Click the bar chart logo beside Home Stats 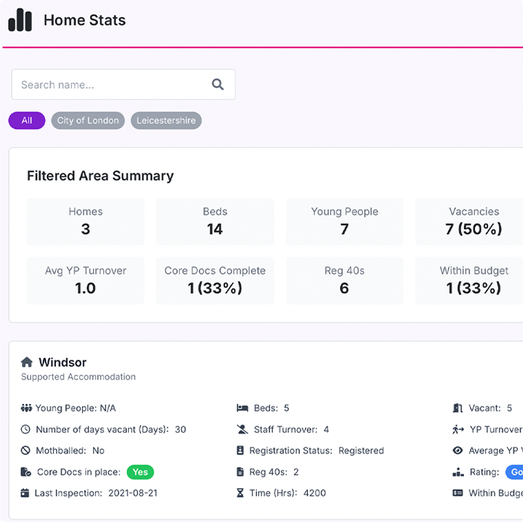click(x=20, y=20)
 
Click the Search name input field click(x=111, y=85)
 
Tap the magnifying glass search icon click(x=218, y=85)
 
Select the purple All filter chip click(x=27, y=120)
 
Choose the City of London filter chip click(x=88, y=120)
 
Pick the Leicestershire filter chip click(x=166, y=120)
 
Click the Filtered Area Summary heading click(x=100, y=176)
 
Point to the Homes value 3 click(x=85, y=229)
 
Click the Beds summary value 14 click(x=215, y=229)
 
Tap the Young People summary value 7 click(x=344, y=229)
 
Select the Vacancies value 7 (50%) click(x=474, y=229)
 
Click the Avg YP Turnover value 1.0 click(x=85, y=288)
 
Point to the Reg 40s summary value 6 click(x=344, y=288)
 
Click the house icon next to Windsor click(x=27, y=362)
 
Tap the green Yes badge click(x=140, y=472)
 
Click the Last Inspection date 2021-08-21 click(x=133, y=493)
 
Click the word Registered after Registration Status click(x=361, y=450)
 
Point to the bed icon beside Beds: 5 click(x=242, y=408)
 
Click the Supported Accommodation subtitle click(x=78, y=376)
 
